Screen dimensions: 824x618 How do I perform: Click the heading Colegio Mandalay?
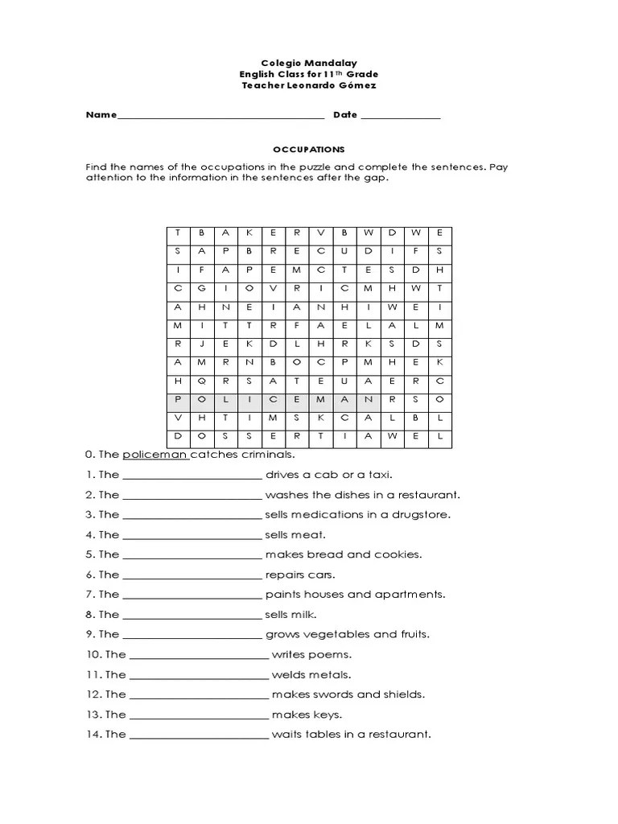[x=308, y=62]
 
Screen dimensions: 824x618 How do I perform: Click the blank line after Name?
[x=220, y=116]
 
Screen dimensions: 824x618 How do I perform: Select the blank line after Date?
[x=400, y=116]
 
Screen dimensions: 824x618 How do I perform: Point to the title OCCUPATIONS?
[x=308, y=150]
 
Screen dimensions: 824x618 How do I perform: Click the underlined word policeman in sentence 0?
[x=154, y=455]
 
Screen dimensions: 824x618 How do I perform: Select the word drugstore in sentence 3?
[x=445, y=515]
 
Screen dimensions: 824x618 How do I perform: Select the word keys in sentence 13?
[x=329, y=715]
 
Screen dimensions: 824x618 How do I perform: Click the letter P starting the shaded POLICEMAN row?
[x=178, y=399]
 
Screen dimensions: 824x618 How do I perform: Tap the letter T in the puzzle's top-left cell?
[x=178, y=233]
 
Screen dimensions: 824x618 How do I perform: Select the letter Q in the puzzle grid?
[x=201, y=381]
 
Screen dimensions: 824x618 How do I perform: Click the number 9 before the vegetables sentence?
[x=89, y=635]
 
